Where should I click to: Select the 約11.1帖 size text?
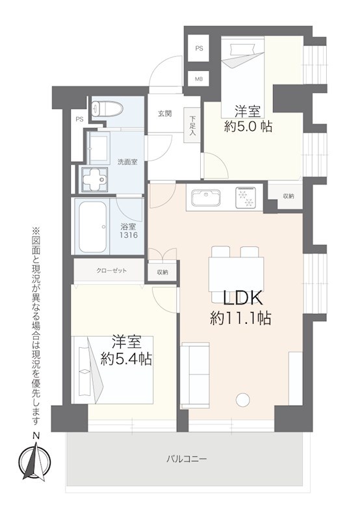coord(240,318)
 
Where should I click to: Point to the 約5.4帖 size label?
coord(126,358)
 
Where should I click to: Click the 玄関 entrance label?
coord(164,113)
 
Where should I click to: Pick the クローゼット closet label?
coord(111,270)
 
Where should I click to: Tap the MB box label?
coord(199,79)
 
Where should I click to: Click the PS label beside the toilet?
coord(79,119)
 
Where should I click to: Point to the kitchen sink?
coord(207,197)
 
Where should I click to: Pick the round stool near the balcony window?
coord(243,400)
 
